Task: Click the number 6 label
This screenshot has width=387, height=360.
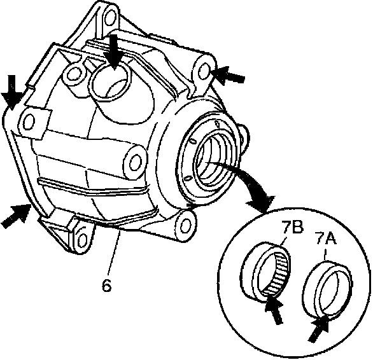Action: pos(106,286)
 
